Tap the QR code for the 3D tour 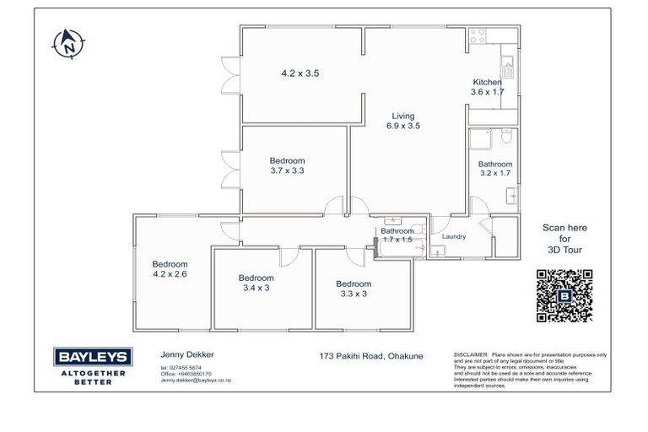[564, 296]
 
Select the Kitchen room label [487, 82]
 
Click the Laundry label [455, 236]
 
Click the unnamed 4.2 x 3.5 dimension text [300, 73]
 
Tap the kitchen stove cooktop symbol [477, 36]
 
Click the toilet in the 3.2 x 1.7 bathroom [505, 137]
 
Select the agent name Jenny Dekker [183, 356]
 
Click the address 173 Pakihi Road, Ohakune [371, 356]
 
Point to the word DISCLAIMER [471, 355]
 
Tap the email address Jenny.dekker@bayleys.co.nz [196, 381]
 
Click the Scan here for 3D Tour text [564, 239]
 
